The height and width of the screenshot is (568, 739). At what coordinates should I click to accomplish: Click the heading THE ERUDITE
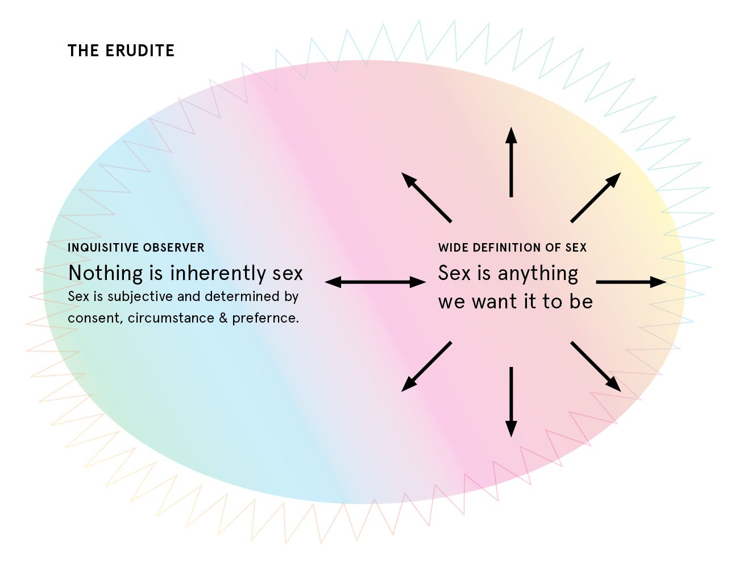point(121,51)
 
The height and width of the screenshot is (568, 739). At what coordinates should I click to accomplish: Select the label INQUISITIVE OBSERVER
point(136,248)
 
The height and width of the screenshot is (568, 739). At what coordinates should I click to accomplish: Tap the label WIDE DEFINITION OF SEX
point(512,248)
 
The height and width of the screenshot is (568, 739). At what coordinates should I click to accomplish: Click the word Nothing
point(106,273)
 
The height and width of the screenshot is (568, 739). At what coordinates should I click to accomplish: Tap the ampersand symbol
point(223,318)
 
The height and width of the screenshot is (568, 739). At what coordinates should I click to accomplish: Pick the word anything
point(538,274)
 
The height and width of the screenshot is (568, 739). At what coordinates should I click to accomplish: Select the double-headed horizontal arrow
point(375,282)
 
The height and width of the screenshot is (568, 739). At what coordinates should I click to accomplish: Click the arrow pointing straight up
point(512,162)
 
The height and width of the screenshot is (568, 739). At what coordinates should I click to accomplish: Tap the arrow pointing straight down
point(512,402)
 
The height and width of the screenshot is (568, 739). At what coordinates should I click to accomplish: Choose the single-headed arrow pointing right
point(631,282)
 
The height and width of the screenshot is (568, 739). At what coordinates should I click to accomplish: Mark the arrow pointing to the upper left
point(426,197)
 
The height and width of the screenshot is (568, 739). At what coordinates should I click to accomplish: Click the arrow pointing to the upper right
point(596,197)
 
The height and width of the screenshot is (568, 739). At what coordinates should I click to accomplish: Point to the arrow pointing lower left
point(426,366)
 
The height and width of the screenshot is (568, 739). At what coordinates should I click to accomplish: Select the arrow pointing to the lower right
point(596,366)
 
